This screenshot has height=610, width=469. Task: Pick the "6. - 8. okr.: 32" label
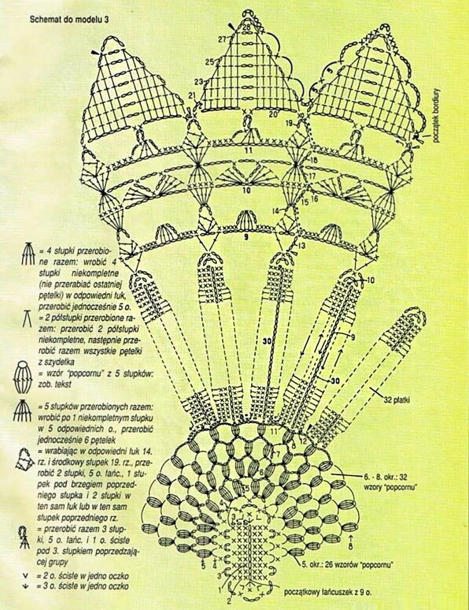[365, 483]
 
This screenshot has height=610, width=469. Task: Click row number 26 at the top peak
[246, 27]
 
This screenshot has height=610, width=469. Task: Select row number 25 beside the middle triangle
[209, 62]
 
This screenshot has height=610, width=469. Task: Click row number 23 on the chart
[198, 82]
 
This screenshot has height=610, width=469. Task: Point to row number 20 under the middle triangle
[273, 114]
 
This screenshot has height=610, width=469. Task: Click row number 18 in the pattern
[313, 160]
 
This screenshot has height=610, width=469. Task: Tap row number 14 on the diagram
[276, 211]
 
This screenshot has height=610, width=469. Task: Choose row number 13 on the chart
[301, 245]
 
